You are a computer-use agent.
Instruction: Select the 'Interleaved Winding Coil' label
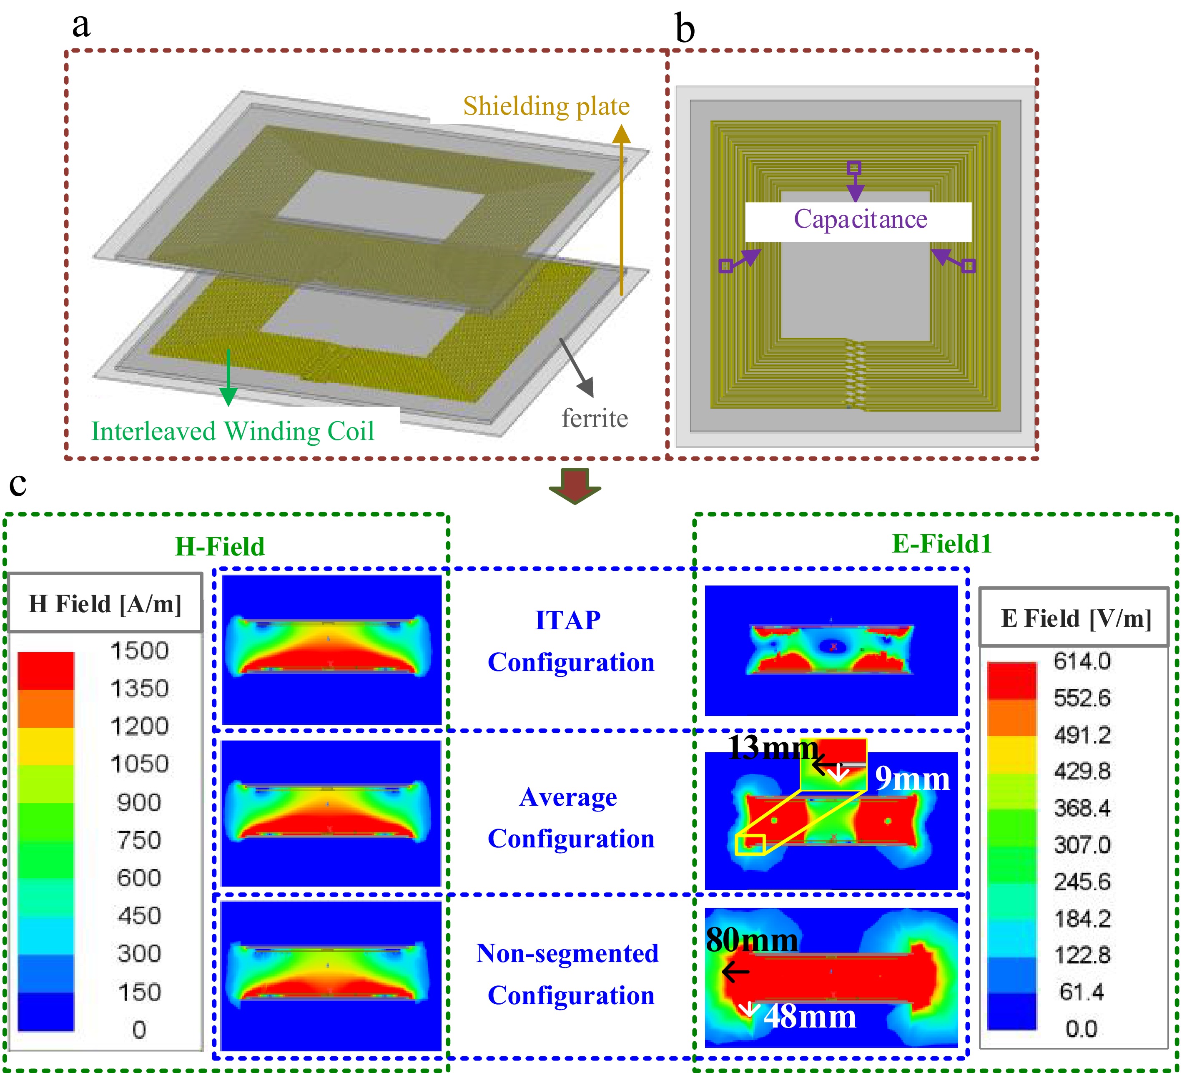233,432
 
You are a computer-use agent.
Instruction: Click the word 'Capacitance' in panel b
860,220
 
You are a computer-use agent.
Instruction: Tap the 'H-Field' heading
220,546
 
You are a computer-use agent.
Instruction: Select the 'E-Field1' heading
941,544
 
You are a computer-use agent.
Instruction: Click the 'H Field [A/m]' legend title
105,604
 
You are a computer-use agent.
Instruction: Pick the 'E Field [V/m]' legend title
1076,618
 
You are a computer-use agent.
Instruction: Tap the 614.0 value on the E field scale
1082,661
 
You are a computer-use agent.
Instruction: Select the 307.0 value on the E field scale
1082,845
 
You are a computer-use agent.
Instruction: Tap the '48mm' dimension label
810,1017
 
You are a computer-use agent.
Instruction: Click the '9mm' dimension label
912,779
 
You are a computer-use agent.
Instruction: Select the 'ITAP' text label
567,621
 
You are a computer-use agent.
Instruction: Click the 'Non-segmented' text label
567,953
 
